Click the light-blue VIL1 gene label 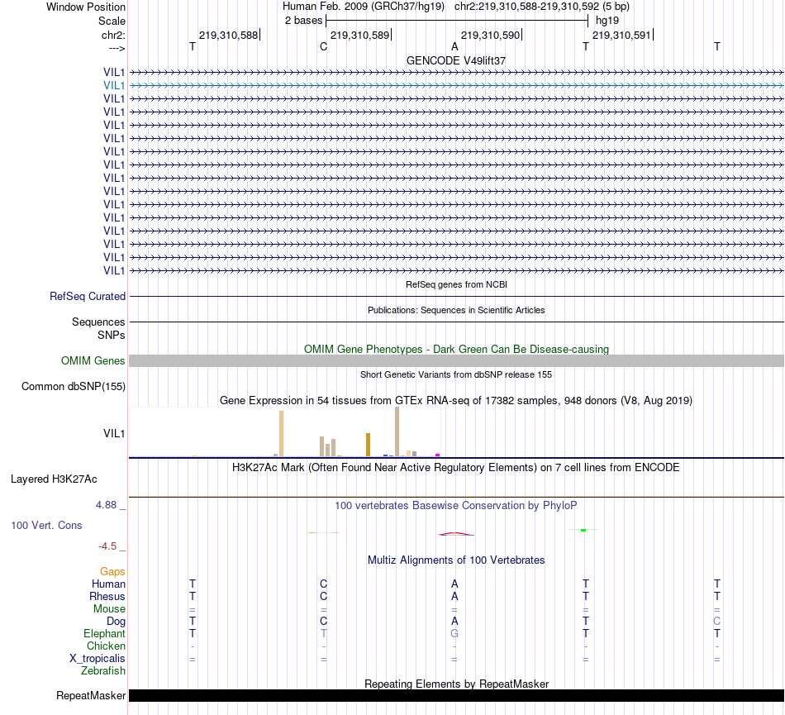[114, 85]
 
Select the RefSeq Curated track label [88, 296]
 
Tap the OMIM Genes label [93, 360]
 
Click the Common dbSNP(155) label [74, 386]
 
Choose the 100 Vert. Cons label [46, 525]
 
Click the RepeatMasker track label [91, 696]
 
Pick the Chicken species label [107, 646]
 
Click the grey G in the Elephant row [454, 633]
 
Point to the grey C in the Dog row [717, 621]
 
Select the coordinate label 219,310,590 [491, 36]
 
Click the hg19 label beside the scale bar [607, 19]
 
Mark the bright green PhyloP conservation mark [583, 530]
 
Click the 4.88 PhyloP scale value [109, 504]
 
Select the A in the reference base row [454, 46]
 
